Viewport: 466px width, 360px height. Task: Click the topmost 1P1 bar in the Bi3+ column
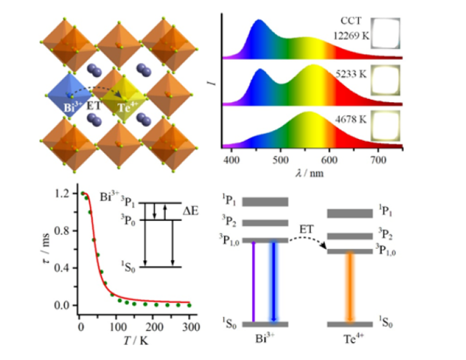point(265,202)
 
